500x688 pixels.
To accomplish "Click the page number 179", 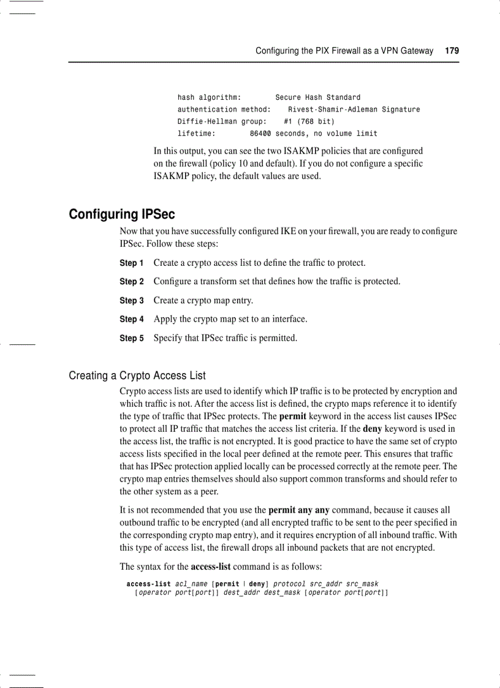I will coord(452,51).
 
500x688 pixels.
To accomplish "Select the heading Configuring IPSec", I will coord(121,214).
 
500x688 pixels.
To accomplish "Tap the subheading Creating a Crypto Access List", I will coord(137,376).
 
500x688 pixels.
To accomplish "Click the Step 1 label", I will coord(131,263).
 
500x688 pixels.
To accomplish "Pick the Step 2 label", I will coord(131,282).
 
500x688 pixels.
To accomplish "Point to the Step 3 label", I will coord(131,300).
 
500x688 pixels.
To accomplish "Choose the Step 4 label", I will coord(131,319).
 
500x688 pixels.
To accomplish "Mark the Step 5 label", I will coord(131,338).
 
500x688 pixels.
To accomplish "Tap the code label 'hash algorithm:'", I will coord(209,97).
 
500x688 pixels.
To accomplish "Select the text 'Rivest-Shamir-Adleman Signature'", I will coord(354,110).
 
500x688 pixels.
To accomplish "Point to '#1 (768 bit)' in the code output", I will coord(309,121).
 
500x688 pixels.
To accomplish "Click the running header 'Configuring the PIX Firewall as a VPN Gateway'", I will coord(344,51).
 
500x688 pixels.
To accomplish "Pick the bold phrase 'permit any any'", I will coord(299,510).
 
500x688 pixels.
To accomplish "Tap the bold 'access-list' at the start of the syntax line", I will coord(148,584).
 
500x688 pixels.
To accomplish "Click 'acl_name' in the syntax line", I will coord(191,584).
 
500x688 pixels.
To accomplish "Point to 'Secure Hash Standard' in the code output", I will coord(317,97).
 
